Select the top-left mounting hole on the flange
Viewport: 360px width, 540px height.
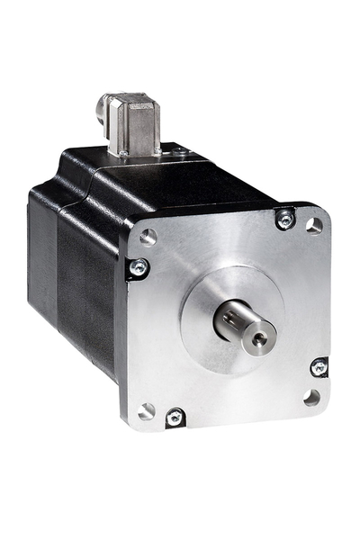click(x=148, y=237)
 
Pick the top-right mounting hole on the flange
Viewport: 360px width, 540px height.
click(x=313, y=225)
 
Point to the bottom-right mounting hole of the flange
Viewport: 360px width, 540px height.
click(x=311, y=396)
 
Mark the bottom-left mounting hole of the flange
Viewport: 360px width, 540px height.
click(x=148, y=410)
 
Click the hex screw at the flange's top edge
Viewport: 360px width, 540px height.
click(x=285, y=219)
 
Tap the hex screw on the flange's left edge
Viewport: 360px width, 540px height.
click(x=137, y=267)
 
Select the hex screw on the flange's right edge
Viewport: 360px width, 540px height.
click(x=319, y=366)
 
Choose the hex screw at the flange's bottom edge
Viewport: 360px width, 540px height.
click(x=175, y=417)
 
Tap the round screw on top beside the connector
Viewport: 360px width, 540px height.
click(x=181, y=154)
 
